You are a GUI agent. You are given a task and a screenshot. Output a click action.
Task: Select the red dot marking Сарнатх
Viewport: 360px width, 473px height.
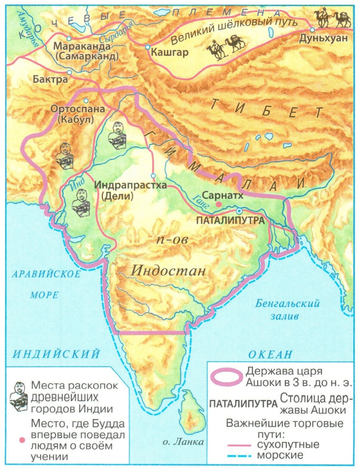tap(218, 204)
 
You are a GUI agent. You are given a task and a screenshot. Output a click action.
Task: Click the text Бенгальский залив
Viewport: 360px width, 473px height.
tap(286, 309)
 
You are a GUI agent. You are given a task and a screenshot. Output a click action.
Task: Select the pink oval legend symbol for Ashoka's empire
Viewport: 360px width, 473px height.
tap(227, 376)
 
